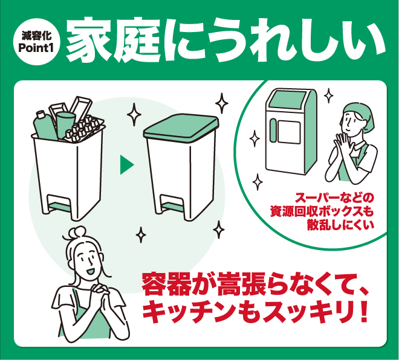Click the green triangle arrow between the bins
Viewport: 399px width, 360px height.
tap(127, 165)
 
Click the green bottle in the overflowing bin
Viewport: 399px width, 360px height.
tap(45, 125)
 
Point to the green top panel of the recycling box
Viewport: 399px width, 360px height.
tap(288, 100)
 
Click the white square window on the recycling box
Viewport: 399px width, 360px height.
tap(290, 132)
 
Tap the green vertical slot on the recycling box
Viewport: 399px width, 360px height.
tap(273, 130)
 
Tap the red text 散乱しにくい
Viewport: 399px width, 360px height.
tap(341, 225)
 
